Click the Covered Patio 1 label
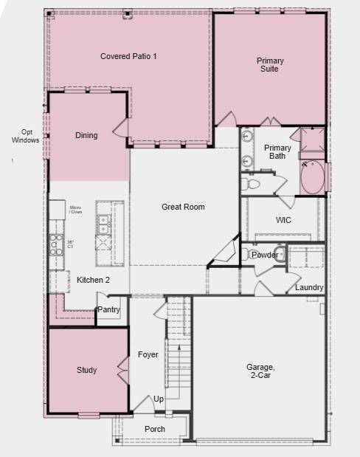[128, 56]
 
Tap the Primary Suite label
[270, 65]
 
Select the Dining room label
[86, 136]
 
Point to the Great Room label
[183, 207]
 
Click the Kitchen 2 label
[93, 281]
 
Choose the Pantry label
[108, 310]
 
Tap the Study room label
[86, 370]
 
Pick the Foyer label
[148, 355]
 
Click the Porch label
[155, 429]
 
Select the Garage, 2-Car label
[260, 371]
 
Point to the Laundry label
[308, 287]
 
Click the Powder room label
[265, 255]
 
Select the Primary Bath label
[277, 152]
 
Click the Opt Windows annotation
[26, 136]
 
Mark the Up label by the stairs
[159, 399]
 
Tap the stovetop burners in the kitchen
[57, 244]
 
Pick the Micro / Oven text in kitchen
[75, 210]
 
